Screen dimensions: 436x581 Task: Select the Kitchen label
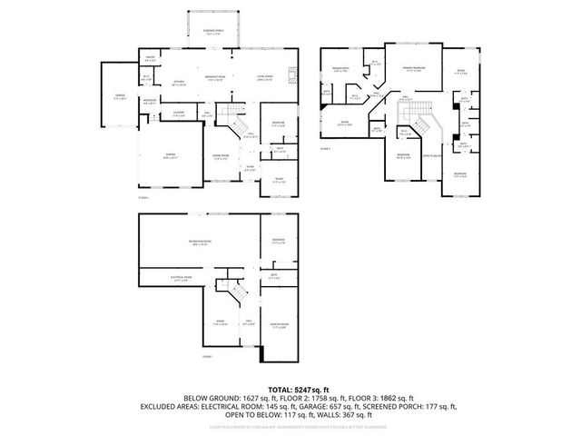[x=180, y=82]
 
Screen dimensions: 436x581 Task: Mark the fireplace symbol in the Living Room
[x=290, y=76]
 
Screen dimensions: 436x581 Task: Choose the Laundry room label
[x=179, y=114]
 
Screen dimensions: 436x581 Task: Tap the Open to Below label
[x=433, y=155]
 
